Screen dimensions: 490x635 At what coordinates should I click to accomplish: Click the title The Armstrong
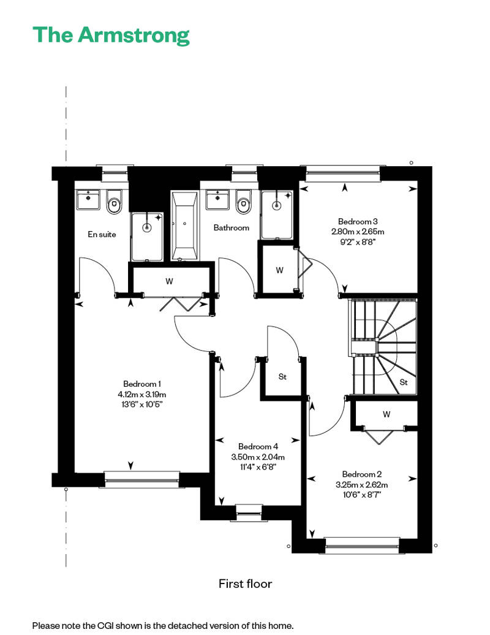click(111, 36)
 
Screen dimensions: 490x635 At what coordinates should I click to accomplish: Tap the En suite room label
click(102, 234)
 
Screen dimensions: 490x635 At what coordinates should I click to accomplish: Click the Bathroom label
click(231, 227)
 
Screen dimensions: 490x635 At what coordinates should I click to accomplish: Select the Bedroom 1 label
click(142, 384)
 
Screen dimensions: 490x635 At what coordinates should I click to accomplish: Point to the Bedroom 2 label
click(362, 474)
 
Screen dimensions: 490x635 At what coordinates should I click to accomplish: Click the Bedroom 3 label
click(358, 221)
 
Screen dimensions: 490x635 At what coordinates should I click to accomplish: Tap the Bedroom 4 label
click(258, 446)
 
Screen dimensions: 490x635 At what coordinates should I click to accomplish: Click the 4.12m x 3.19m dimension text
click(142, 394)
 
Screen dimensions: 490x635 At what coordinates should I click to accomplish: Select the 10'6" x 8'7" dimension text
click(362, 495)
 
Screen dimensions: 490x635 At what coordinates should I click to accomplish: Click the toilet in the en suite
click(114, 202)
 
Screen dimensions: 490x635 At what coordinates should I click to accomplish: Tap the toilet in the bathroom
click(243, 201)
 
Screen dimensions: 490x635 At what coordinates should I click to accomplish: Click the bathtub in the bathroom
click(184, 226)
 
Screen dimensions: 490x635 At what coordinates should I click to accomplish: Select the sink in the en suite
click(88, 199)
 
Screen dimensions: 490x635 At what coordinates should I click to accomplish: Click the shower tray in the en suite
click(147, 237)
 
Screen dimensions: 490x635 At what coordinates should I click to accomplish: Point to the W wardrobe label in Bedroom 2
click(386, 414)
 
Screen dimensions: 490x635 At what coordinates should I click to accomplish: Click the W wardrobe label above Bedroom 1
click(169, 281)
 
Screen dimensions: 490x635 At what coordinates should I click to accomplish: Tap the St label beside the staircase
click(404, 382)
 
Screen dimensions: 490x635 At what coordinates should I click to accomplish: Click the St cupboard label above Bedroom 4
click(282, 376)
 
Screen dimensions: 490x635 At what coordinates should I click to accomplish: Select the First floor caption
click(245, 584)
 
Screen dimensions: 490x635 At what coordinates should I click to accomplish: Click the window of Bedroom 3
click(343, 173)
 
